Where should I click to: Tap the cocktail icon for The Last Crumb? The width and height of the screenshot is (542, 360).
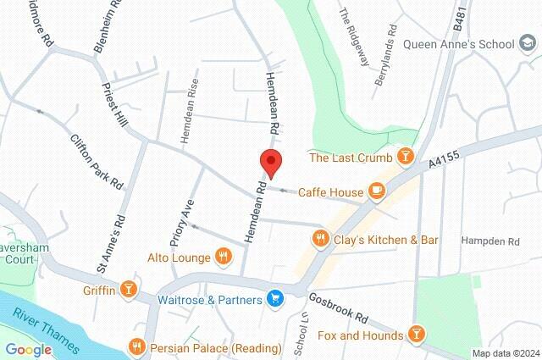[406, 157]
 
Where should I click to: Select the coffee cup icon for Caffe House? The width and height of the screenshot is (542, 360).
[377, 192]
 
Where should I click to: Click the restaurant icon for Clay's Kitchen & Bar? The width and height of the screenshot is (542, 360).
[319, 239]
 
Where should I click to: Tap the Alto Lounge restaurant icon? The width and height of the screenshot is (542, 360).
[223, 256]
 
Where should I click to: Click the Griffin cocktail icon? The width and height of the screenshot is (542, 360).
[128, 290]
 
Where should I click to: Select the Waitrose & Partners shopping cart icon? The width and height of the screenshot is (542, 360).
[274, 298]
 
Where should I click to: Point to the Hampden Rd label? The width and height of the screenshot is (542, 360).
[489, 241]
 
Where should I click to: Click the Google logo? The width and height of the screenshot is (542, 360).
[29, 349]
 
